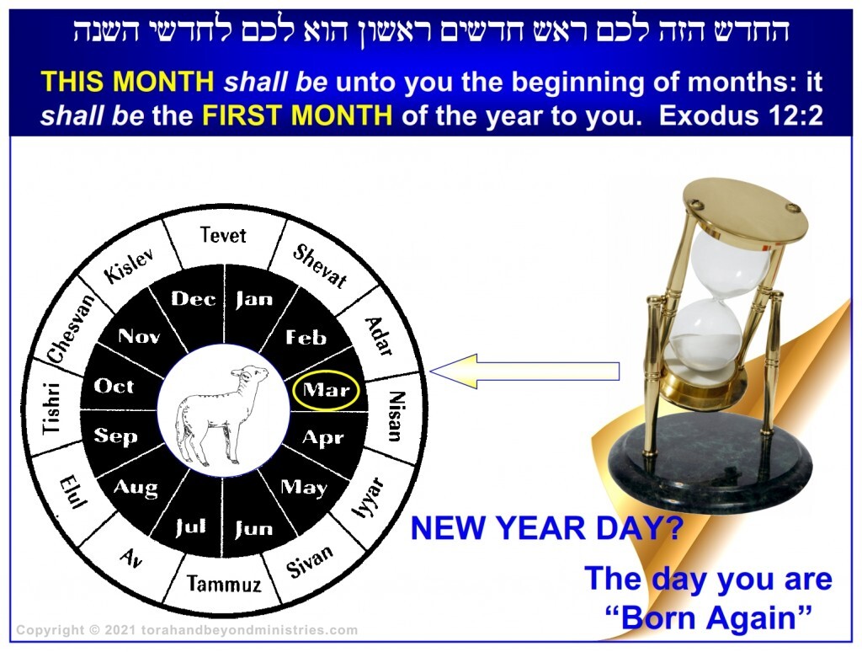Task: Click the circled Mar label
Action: [x=327, y=390]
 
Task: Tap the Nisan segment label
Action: [x=396, y=416]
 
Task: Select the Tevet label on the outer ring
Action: [x=222, y=235]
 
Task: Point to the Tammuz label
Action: [x=224, y=584]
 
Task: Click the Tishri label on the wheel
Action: [x=51, y=408]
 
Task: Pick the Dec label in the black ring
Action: [x=193, y=299]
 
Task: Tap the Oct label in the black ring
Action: [x=114, y=386]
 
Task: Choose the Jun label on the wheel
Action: [x=253, y=529]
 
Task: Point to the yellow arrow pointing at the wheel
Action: [x=524, y=371]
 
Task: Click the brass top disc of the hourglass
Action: [x=746, y=211]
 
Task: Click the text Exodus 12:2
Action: [x=741, y=115]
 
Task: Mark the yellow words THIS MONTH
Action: [x=128, y=82]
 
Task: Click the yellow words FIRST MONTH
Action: [x=297, y=115]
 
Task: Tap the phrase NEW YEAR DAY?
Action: [x=547, y=528]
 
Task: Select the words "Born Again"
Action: [x=708, y=617]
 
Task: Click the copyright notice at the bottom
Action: [x=187, y=630]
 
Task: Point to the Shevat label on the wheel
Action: [x=320, y=267]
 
